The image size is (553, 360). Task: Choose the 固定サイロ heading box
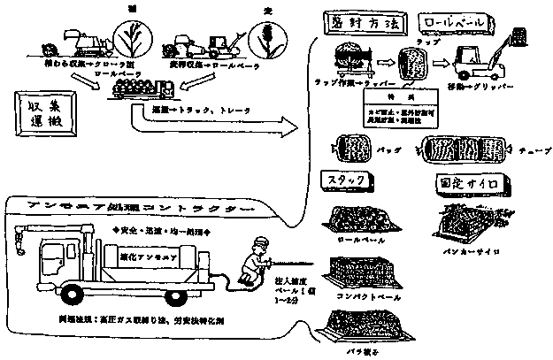[x=466, y=183]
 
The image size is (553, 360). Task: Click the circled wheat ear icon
[x=265, y=37]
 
